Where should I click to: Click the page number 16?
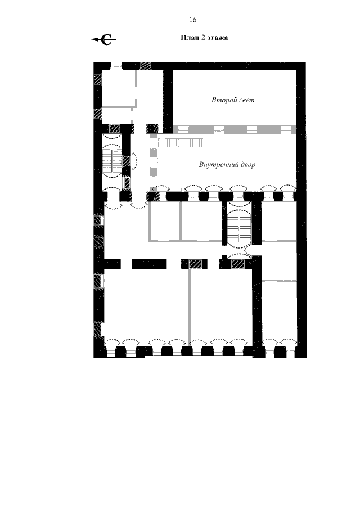click(192, 20)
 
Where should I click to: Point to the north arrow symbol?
click(104, 39)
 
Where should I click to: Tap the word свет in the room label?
click(245, 100)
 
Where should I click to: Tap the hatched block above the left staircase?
click(115, 128)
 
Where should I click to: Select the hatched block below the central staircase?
click(237, 264)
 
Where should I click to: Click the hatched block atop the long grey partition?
click(195, 264)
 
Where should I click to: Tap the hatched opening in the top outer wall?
click(146, 66)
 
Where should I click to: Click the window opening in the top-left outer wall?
click(116, 66)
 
